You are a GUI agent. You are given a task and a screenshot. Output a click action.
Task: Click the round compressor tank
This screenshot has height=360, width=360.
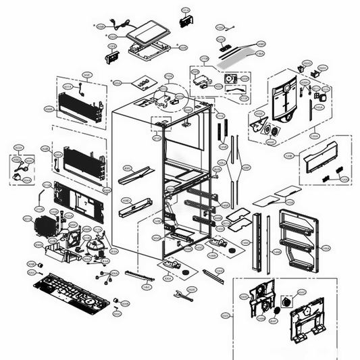88,247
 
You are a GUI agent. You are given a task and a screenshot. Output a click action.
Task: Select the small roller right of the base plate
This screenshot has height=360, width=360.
115,301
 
